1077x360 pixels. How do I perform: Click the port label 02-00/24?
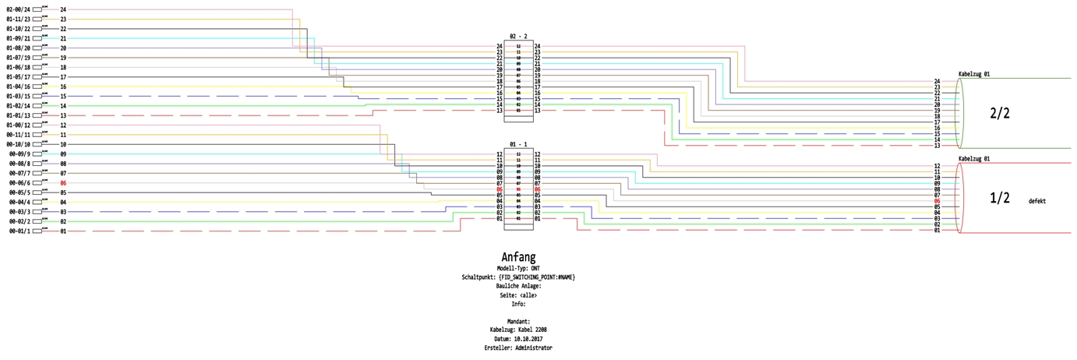coord(17,9)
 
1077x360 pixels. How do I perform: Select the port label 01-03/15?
coord(17,96)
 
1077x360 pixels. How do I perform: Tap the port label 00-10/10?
coord(17,144)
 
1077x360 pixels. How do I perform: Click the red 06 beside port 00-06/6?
coord(63,183)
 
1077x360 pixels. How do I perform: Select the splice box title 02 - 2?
coord(518,37)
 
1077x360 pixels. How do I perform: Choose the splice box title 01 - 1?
coord(518,144)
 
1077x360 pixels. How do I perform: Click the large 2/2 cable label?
coord(1000,113)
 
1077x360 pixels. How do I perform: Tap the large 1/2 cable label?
coord(1000,199)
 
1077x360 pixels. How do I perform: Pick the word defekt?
coord(1036,201)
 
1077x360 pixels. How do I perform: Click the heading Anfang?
coord(518,256)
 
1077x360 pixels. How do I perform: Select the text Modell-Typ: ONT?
coord(518,268)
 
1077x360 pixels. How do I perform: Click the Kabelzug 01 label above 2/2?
coord(973,74)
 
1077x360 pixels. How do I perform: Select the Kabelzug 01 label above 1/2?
coord(973,159)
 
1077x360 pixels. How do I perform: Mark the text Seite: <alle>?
coord(518,295)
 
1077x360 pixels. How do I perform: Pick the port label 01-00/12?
coord(17,125)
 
